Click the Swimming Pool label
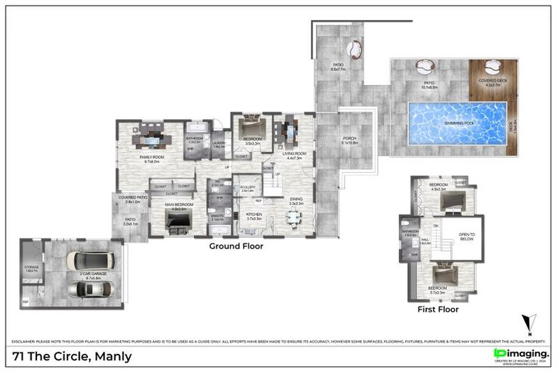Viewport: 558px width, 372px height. click(457, 124)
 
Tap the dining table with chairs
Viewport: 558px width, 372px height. click(293, 218)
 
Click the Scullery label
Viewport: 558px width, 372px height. click(247, 188)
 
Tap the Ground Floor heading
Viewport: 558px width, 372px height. click(236, 246)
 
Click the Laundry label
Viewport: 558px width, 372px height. click(219, 143)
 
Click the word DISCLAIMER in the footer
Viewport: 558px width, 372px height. click(26, 341)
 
